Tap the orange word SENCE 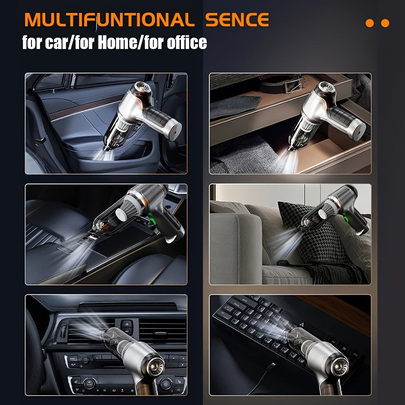click(237, 20)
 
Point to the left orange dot click(370, 23)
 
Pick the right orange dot click(385, 23)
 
